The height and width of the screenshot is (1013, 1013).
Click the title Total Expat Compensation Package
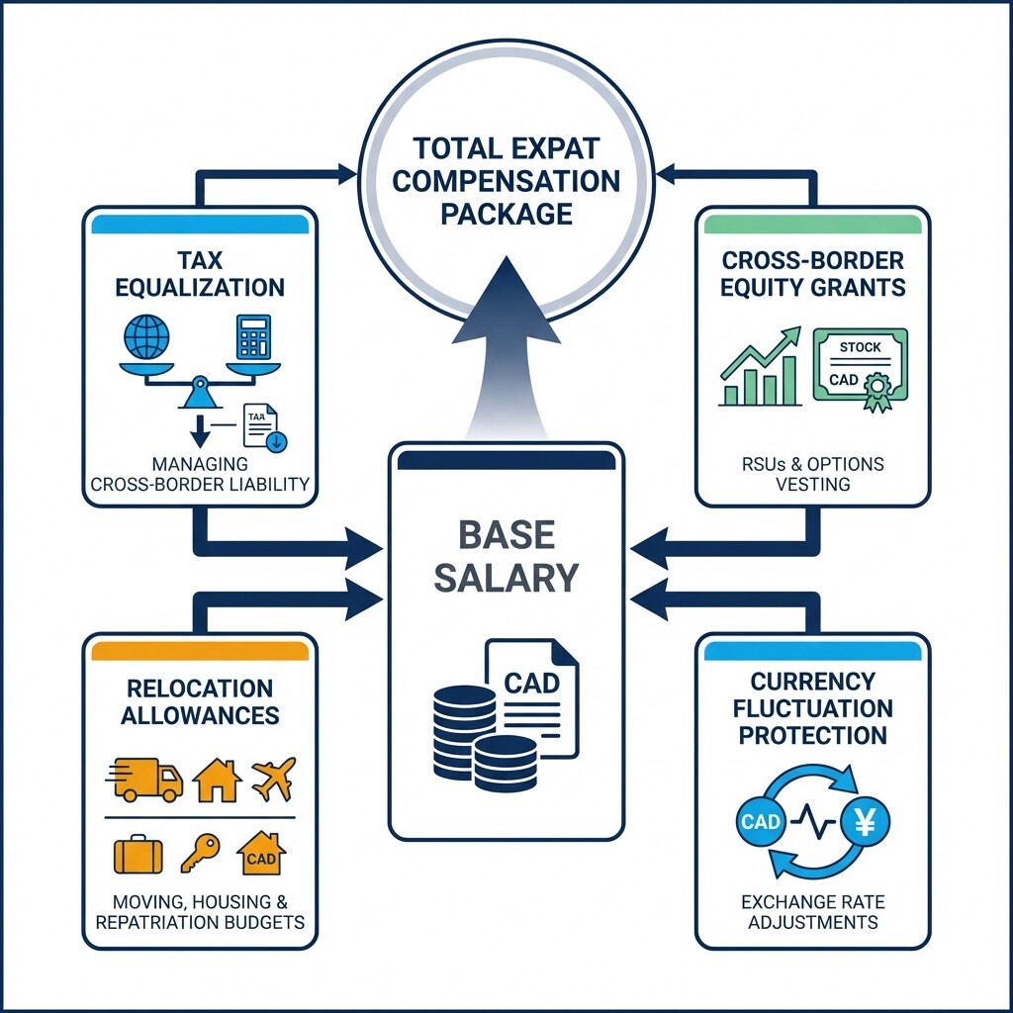click(506, 181)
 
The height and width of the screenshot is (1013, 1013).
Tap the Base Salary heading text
click(506, 556)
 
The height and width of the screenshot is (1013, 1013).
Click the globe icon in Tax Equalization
click(146, 336)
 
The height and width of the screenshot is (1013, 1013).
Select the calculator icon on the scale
click(253, 338)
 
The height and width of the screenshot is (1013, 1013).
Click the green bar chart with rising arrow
click(760, 369)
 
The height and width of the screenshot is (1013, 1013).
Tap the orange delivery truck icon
click(144, 779)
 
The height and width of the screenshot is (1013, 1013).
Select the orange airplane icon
click(273, 780)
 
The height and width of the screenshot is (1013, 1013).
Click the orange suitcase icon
click(138, 853)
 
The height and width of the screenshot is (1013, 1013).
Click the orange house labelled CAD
click(261, 854)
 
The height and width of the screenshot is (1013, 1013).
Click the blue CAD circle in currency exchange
click(761, 821)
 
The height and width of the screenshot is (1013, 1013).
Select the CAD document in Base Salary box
click(532, 695)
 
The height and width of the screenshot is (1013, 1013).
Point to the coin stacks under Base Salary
click(482, 736)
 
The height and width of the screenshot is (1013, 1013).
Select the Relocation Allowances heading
click(200, 701)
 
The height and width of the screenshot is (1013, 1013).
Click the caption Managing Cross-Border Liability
click(200, 474)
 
